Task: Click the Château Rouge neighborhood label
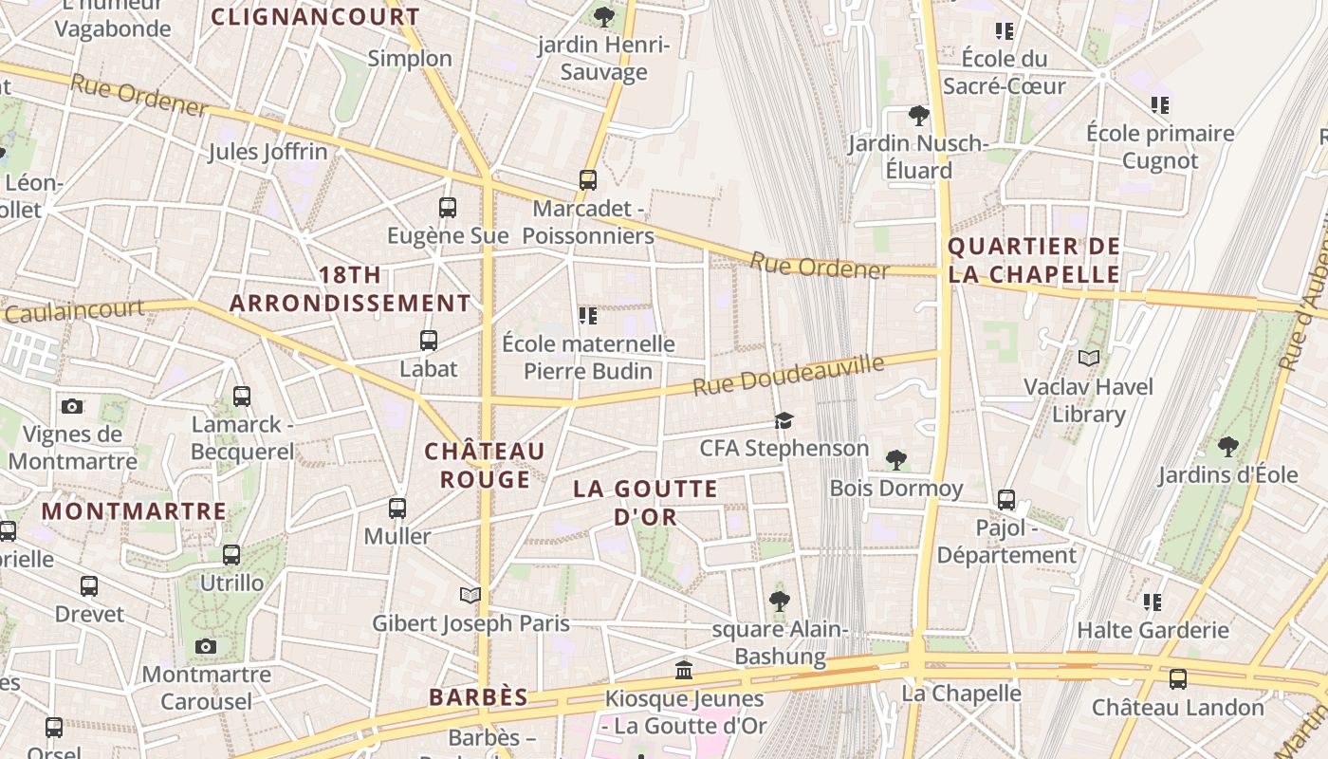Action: coord(485,465)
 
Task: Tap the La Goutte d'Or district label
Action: coord(645,503)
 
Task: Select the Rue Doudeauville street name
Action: coord(787,376)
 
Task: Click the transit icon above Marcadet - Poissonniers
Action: coord(588,179)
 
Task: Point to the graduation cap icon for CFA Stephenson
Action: coord(784,420)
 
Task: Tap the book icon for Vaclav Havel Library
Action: coord(1089,358)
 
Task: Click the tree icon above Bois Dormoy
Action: coord(895,460)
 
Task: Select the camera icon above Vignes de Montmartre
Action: coord(72,406)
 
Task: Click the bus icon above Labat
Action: coord(429,340)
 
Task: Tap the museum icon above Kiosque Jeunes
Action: coord(683,671)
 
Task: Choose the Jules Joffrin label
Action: coord(267,152)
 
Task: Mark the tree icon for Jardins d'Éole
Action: coord(1228,446)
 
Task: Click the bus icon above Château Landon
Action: coord(1178,678)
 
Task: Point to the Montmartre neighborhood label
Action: coord(134,511)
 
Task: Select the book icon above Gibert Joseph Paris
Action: coord(470,595)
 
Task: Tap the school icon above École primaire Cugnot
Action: coord(1160,104)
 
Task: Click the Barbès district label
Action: coord(478,697)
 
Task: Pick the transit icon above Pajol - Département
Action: coord(1006,499)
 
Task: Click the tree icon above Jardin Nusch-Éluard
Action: coord(918,116)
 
